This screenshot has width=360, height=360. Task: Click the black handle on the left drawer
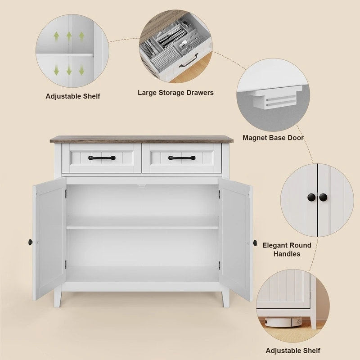click(x=102, y=158)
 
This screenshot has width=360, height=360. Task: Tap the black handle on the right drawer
click(x=182, y=158)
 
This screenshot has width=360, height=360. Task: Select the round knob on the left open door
click(x=30, y=242)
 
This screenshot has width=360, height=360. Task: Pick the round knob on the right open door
click(x=255, y=243)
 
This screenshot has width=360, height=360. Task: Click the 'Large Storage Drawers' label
click(x=175, y=93)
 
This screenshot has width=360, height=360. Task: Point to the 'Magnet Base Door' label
click(x=273, y=138)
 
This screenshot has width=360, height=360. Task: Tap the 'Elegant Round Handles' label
click(x=287, y=249)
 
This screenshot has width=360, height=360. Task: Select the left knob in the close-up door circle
click(x=311, y=197)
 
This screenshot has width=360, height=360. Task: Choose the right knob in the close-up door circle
click(x=323, y=197)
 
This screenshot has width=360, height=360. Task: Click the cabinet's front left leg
click(x=58, y=298)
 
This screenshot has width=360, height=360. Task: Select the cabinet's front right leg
click(x=225, y=298)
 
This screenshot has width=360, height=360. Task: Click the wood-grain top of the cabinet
click(x=141, y=139)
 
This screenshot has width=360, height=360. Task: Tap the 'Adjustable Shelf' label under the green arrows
click(x=73, y=96)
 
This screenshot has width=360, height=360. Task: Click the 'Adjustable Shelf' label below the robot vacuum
click(x=293, y=350)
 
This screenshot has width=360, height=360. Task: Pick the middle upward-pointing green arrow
click(x=69, y=36)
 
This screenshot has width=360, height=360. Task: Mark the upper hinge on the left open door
click(x=65, y=193)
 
